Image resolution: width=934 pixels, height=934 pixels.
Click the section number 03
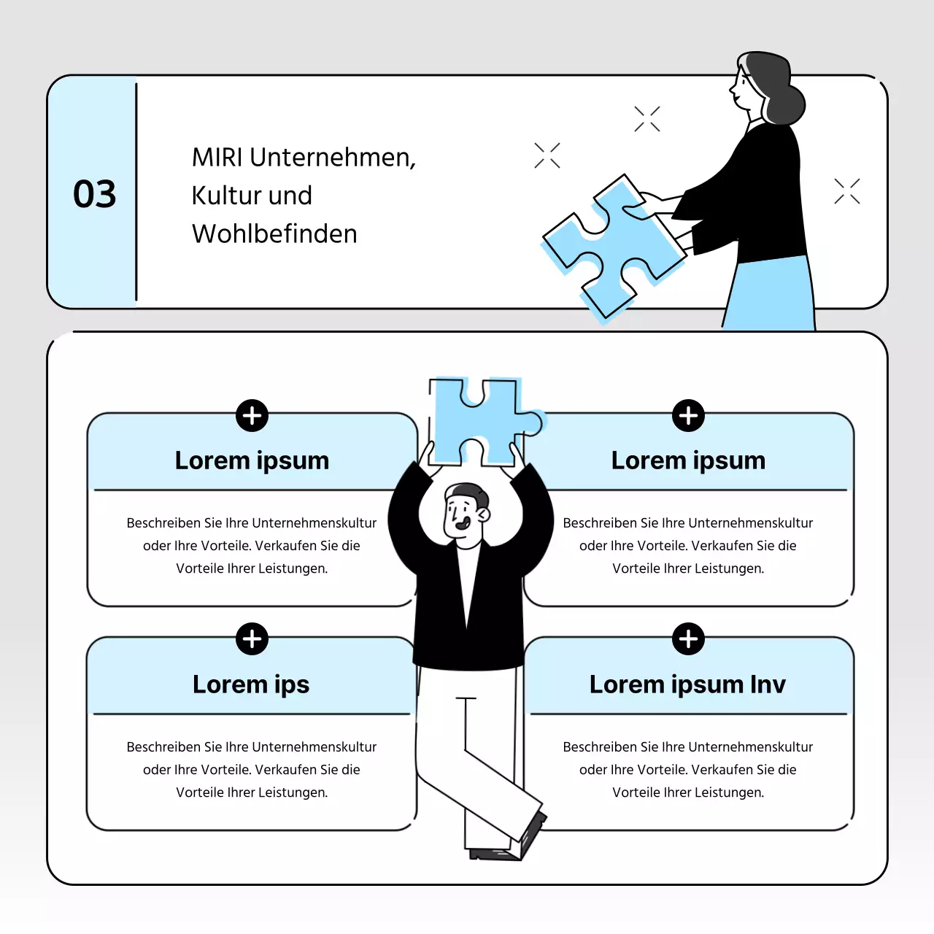(x=95, y=194)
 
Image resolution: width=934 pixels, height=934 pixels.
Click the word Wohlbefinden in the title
(x=274, y=233)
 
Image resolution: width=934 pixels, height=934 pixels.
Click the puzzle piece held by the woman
(x=613, y=247)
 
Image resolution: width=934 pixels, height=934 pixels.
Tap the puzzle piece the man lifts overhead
(x=485, y=421)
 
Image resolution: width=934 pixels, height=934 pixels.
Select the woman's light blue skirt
(x=771, y=293)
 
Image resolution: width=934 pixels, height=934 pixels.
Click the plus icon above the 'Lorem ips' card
(x=252, y=638)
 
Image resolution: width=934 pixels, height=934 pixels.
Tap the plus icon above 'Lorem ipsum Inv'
(x=688, y=638)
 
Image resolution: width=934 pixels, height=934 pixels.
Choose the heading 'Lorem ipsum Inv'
(x=687, y=684)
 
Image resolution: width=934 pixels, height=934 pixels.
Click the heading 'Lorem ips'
(x=251, y=684)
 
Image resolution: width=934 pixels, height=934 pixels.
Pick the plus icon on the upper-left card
(x=252, y=415)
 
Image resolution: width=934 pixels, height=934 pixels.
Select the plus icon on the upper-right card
(x=688, y=415)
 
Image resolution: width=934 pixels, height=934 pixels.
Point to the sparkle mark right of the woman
(x=846, y=191)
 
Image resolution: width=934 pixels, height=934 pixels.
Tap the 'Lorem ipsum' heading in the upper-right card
(x=688, y=460)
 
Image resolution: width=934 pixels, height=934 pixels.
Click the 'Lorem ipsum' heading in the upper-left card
(x=252, y=460)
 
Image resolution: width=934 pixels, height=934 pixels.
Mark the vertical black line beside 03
(x=136, y=192)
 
